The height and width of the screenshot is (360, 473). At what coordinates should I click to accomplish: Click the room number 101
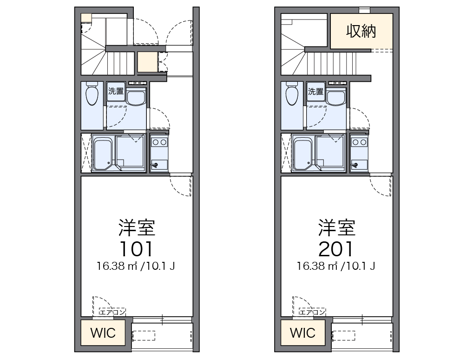pyautogui.click(x=136, y=249)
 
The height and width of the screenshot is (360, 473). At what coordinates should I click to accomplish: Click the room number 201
pyautogui.click(x=336, y=249)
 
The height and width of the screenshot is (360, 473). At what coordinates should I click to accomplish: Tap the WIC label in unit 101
pyautogui.click(x=103, y=333)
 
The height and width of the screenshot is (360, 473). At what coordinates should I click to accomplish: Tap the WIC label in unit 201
pyautogui.click(x=302, y=333)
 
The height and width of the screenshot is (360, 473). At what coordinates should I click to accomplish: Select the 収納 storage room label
pyautogui.click(x=361, y=31)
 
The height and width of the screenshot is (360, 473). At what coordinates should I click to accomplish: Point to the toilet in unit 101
pyautogui.click(x=92, y=95)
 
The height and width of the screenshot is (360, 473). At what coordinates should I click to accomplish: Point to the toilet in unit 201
pyautogui.click(x=292, y=95)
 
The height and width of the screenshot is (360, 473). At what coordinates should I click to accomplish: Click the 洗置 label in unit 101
pyautogui.click(x=116, y=91)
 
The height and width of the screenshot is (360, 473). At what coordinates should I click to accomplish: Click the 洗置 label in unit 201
pyautogui.click(x=315, y=91)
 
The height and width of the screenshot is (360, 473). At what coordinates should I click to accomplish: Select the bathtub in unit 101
pyautogui.click(x=103, y=153)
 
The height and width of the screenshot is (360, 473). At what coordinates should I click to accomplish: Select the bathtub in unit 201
pyautogui.click(x=303, y=153)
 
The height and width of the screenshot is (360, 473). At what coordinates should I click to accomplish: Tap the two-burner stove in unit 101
pyautogui.click(x=159, y=142)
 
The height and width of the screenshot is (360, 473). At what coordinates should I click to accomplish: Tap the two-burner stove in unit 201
pyautogui.click(x=359, y=142)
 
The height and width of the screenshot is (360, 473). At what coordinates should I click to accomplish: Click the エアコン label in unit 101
pyautogui.click(x=112, y=312)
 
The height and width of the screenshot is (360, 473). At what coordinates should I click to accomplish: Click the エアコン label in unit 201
pyautogui.click(x=312, y=312)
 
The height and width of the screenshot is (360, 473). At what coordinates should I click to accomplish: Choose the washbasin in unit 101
pyautogui.click(x=136, y=98)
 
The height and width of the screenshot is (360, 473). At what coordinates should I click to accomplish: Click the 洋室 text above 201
pyautogui.click(x=336, y=227)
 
